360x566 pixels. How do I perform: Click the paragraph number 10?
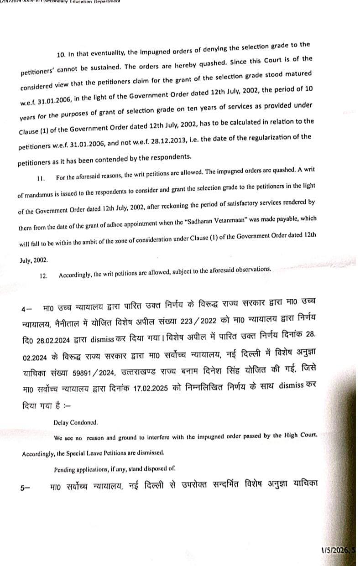click(61, 55)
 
